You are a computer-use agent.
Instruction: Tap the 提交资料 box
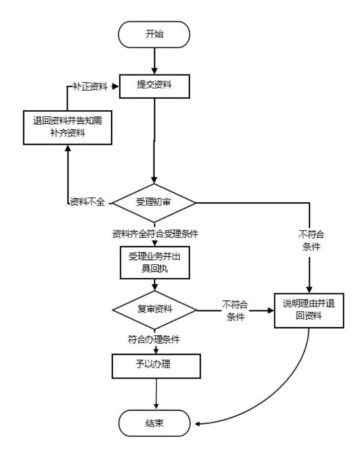[x=154, y=86]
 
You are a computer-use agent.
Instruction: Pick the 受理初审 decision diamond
[x=154, y=202]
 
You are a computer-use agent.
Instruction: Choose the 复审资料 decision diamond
[x=154, y=309]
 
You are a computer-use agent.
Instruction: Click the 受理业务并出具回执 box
[x=154, y=262]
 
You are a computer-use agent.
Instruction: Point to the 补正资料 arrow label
[x=91, y=86]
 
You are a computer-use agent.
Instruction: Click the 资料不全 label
[x=87, y=202]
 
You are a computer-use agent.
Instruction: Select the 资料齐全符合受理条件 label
[x=154, y=234]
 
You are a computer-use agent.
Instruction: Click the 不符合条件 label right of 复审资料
[x=235, y=310]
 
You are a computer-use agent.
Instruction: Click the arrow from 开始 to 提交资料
[x=154, y=61]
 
